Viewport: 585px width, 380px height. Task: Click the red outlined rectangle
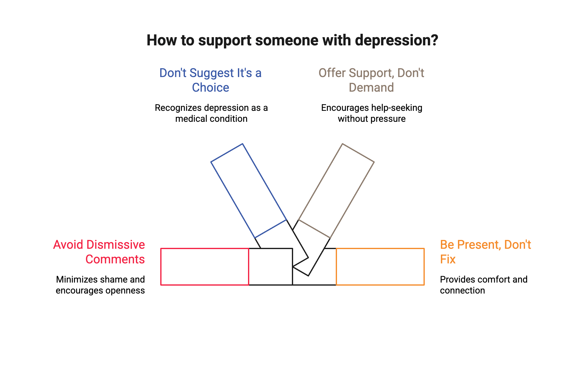click(204, 267)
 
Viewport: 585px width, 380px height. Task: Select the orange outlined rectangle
click(380, 267)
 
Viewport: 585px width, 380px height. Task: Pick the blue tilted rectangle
click(248, 191)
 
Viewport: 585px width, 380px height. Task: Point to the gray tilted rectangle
click(336, 191)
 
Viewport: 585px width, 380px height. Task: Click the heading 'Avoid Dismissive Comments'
click(99, 252)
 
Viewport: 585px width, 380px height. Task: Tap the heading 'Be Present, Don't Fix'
click(485, 252)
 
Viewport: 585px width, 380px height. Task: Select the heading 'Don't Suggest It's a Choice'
click(211, 80)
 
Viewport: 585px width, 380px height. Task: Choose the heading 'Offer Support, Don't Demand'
click(371, 80)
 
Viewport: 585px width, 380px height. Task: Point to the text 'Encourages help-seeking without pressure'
click(371, 113)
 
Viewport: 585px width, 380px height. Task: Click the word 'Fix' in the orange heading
click(448, 259)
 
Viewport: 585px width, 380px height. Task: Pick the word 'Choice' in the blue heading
click(211, 88)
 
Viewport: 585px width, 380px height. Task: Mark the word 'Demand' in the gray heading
click(371, 88)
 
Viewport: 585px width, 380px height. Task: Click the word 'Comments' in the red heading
click(115, 259)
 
